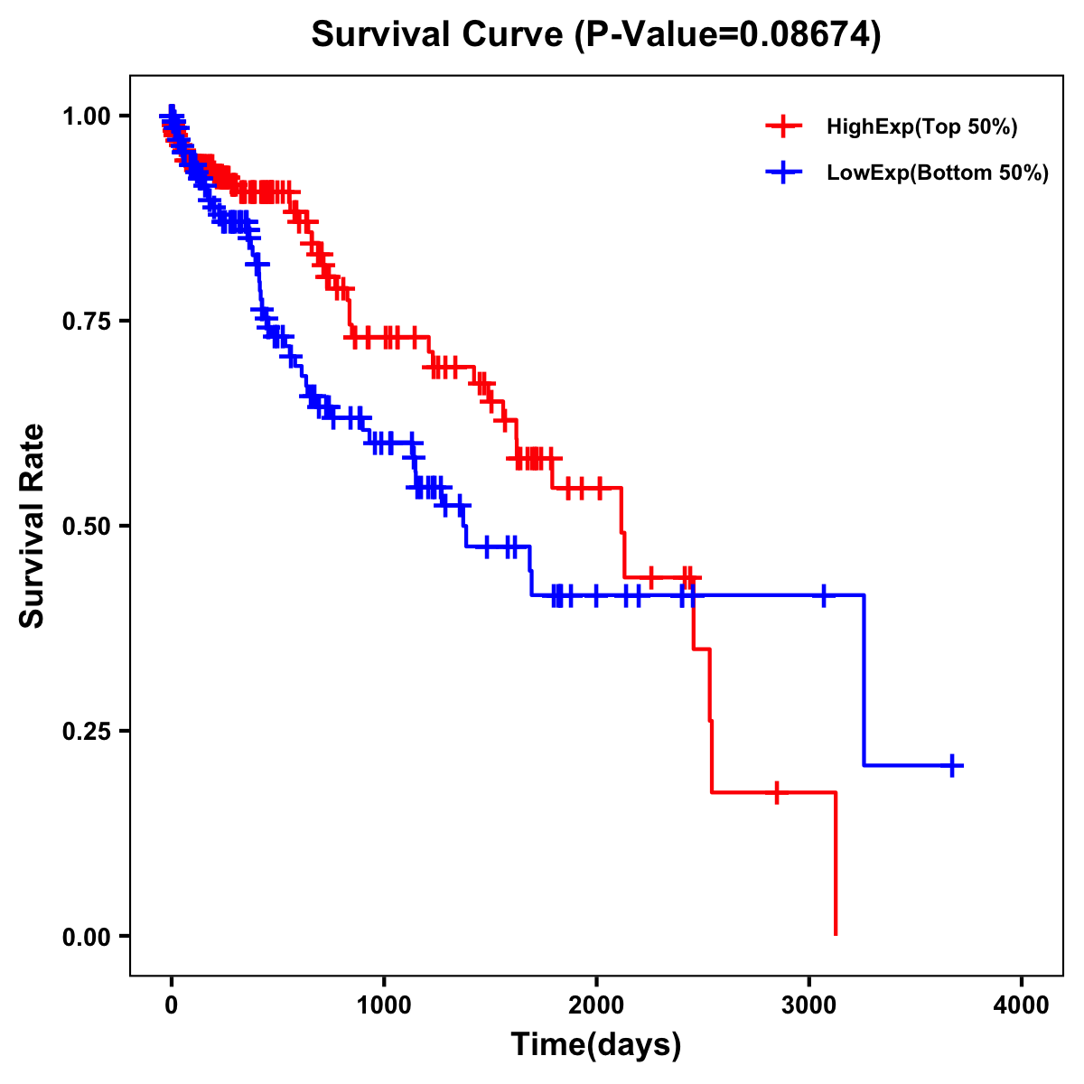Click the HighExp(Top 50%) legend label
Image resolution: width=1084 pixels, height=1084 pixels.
[x=921, y=127]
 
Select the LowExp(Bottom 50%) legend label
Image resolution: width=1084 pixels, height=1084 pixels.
[x=938, y=173]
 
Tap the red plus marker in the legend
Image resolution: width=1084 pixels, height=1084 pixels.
[x=783, y=126]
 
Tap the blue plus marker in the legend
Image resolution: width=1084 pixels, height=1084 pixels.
[x=783, y=173]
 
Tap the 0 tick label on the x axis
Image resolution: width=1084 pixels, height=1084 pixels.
[x=172, y=1005]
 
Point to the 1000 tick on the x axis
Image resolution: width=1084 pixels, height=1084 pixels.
[x=384, y=1005]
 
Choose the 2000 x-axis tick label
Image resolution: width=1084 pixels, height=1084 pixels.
[x=596, y=1005]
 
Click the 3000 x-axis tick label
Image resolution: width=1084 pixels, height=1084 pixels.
[x=808, y=1005]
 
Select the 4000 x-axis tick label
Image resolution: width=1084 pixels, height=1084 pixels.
[x=1022, y=1005]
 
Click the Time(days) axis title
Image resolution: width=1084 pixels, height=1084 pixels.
[x=596, y=1045]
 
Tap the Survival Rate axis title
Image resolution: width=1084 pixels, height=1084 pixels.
[x=33, y=526]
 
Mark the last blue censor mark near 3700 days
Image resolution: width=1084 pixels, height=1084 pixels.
[x=952, y=765]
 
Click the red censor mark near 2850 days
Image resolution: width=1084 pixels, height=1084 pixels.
[x=776, y=792]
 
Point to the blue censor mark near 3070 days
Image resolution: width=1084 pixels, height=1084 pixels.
[x=823, y=595]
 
